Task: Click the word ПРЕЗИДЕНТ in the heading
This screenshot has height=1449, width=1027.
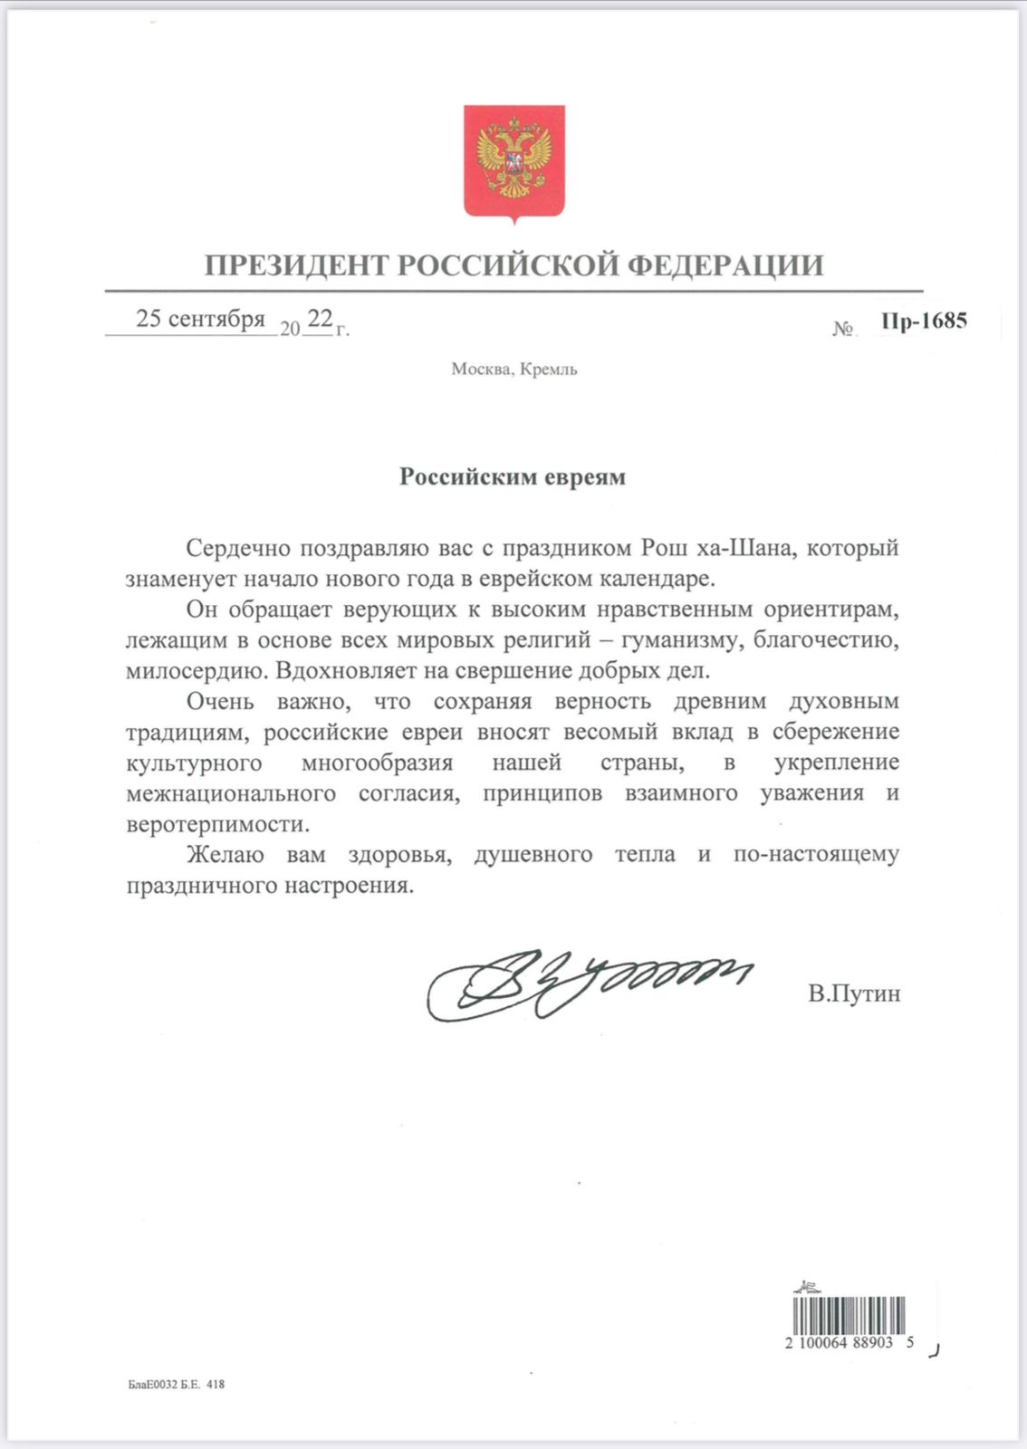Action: coord(298,265)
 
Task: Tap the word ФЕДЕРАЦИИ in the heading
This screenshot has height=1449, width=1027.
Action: coord(725,265)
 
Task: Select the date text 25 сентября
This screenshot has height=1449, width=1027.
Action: coord(200,320)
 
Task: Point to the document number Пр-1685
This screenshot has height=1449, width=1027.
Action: coord(923,321)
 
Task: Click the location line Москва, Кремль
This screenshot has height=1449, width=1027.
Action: coord(513,369)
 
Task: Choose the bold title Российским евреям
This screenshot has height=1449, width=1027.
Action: coord(513,477)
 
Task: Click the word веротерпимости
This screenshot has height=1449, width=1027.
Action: coord(217,825)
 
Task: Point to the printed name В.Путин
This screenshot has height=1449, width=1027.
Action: coord(854,994)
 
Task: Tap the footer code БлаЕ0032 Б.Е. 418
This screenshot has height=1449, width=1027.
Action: coord(176,1385)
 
